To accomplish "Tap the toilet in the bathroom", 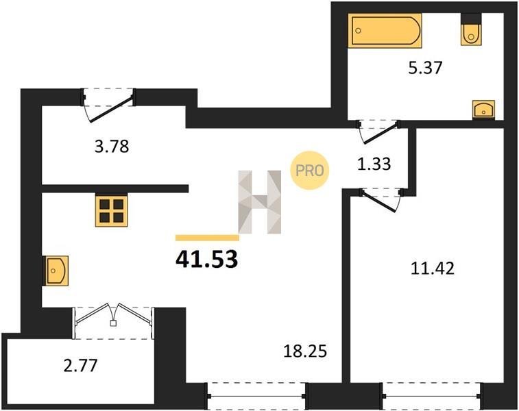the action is coord(471,29).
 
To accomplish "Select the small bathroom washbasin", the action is coord(483,110).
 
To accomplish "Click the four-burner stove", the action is coord(111,210).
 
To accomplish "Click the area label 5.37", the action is coord(425,68).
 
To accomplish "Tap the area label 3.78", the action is coord(112,147).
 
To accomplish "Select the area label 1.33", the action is coord(374,164).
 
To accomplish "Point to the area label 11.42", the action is coord(433,268).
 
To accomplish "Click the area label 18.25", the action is coord(305,351).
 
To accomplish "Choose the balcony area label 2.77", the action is coord(80,365).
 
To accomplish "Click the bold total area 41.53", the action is coord(207,259).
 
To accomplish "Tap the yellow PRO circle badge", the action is coord(309,171).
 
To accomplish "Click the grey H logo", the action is coord(260,202).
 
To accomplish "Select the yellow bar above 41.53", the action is coord(207,238).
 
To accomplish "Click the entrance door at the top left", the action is coord(108,105).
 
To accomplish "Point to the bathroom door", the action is coord(378,132).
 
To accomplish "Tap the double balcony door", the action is coord(114,321).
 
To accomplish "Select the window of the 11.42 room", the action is coord(433,396).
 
